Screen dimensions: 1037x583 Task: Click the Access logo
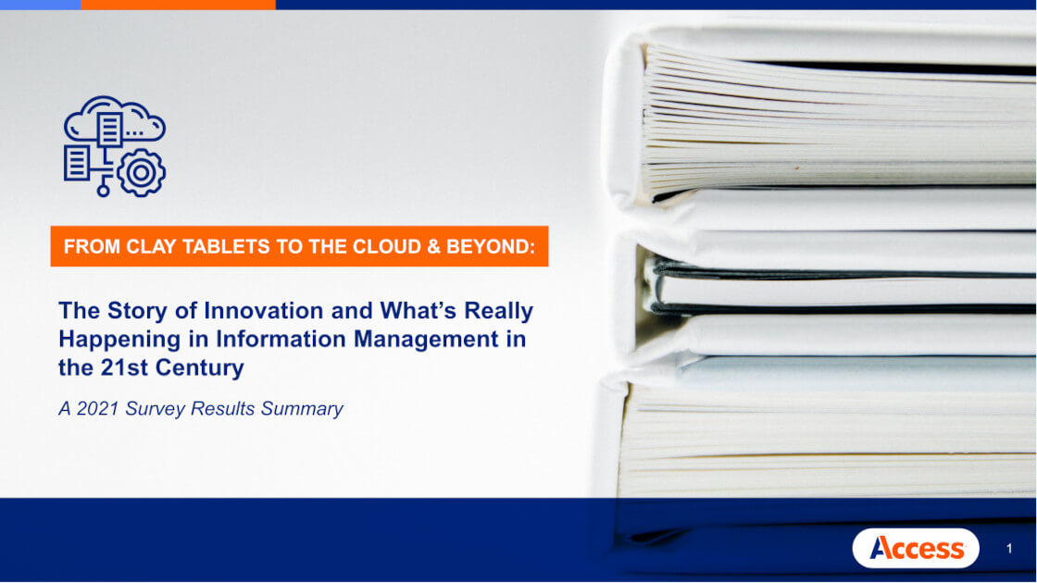[x=916, y=548]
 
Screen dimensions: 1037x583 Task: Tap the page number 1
[x=1009, y=549]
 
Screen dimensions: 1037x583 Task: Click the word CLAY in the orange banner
[x=152, y=246]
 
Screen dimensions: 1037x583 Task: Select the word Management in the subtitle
[x=426, y=339]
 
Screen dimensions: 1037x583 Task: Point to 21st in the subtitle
[x=124, y=367]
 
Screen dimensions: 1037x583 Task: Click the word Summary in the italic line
[x=302, y=409]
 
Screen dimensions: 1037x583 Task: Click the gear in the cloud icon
[x=141, y=172]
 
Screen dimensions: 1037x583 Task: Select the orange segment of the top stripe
[x=178, y=5]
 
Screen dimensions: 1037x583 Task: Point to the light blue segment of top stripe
[x=41, y=5]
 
